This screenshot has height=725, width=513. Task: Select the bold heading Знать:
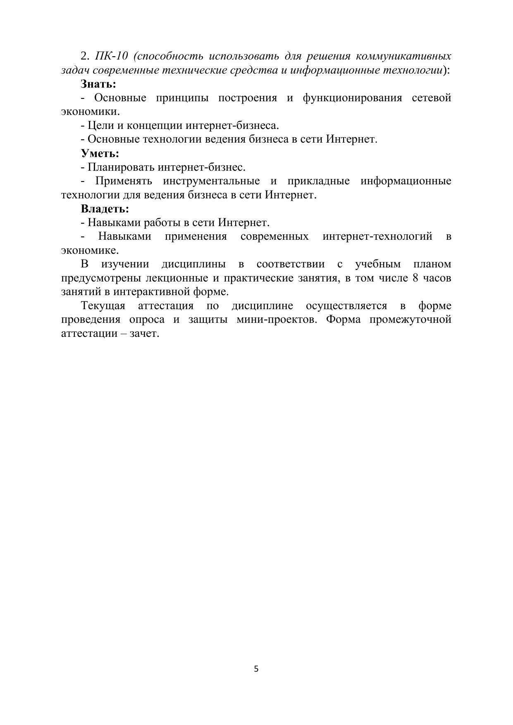coord(98,84)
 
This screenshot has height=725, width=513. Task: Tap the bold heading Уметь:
coord(100,153)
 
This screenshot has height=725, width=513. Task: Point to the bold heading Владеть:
coord(105,209)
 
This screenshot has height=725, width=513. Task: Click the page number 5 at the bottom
coord(256,668)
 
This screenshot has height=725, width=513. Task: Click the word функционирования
coord(352,98)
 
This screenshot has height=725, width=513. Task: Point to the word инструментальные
coord(211,181)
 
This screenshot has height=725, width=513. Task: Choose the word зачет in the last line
coord(144,334)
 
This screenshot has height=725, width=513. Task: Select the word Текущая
coord(103,306)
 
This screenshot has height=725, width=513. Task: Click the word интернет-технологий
coord(377,236)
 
